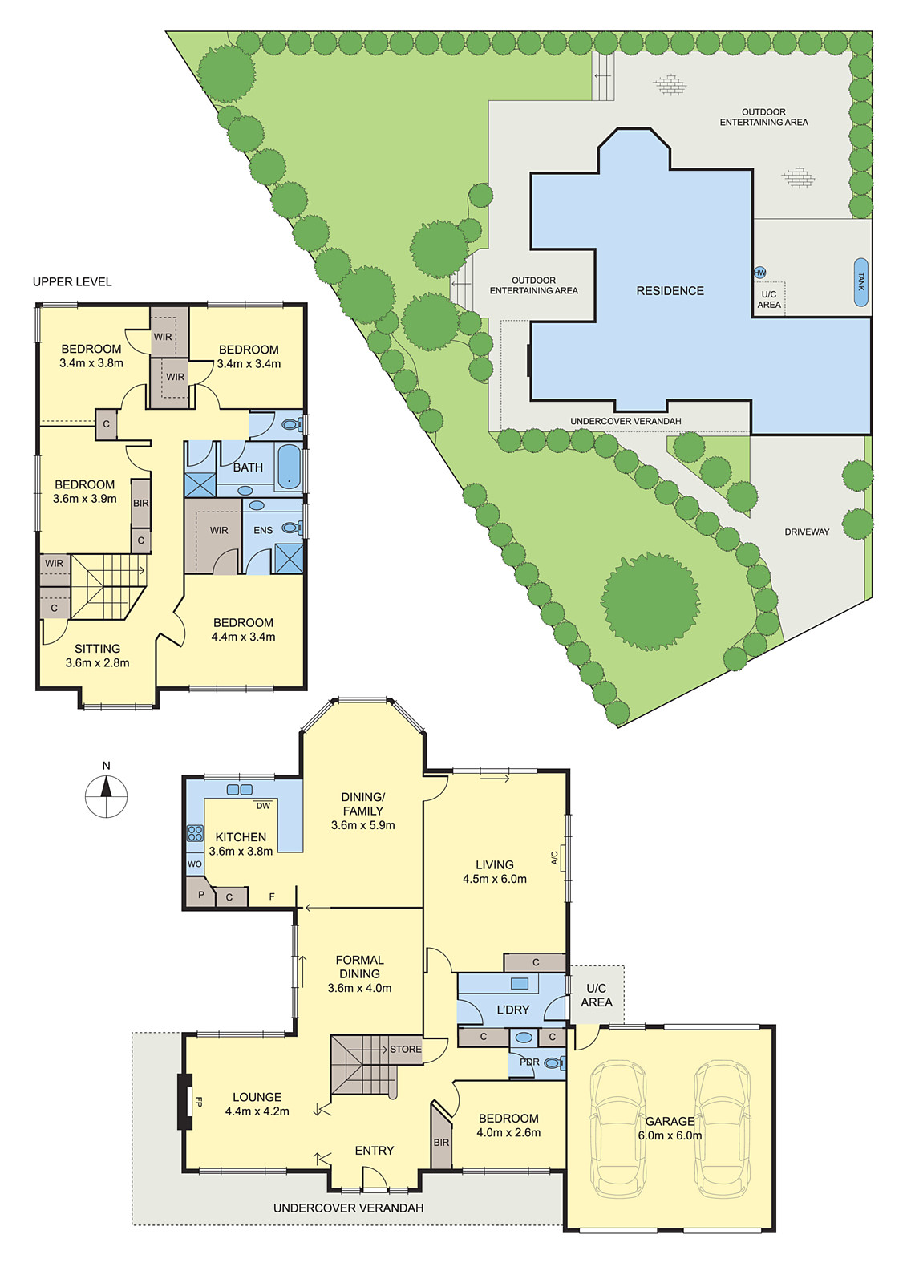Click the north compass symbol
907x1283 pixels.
[106, 795]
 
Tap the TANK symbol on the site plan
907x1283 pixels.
[860, 282]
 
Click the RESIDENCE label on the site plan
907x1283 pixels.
[670, 291]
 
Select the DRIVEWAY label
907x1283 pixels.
[807, 532]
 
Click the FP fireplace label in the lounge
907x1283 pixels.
[198, 1102]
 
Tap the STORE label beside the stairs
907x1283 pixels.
[405, 1049]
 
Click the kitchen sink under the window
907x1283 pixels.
[239, 790]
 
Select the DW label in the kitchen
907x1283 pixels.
[263, 806]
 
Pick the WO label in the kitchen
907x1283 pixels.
[194, 864]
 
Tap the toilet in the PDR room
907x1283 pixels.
[553, 1063]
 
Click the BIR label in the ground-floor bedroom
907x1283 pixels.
[441, 1142]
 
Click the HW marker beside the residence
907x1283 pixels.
[759, 273]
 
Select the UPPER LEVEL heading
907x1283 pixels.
[72, 281]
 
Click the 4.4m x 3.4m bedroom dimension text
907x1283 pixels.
[243, 637]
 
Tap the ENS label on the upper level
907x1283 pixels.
[263, 530]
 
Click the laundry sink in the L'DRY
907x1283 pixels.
[519, 984]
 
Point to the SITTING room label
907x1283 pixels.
[97, 648]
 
